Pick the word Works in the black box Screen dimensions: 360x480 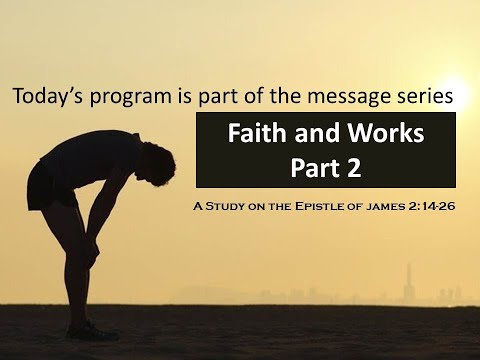pos(388,132)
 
